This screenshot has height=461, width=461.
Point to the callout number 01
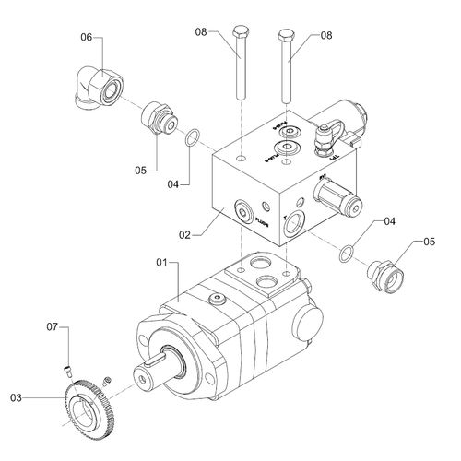coord(162,264)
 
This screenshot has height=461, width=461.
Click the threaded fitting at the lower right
coord(383,273)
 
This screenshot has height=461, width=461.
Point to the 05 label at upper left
coord(142,171)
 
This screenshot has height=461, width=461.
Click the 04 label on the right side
coord(390,221)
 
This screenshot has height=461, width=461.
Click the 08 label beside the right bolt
coord(325,36)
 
